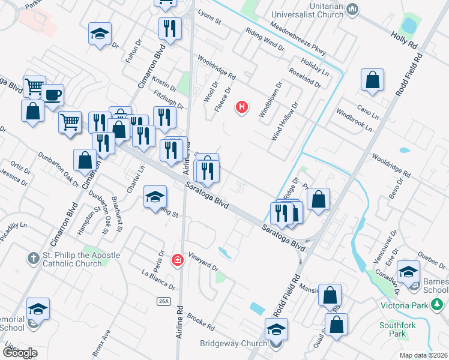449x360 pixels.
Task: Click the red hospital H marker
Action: pos(242,108)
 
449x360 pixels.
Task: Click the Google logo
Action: pos(19,352)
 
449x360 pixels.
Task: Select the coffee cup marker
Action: pos(52,95)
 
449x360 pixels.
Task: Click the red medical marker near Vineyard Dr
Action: pos(177,260)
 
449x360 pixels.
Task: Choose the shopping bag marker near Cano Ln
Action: pos(372,80)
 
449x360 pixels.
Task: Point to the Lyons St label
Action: pos(209,20)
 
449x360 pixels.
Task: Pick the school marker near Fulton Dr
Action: pos(100,34)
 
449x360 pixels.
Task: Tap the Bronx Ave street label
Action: pos(101,340)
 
